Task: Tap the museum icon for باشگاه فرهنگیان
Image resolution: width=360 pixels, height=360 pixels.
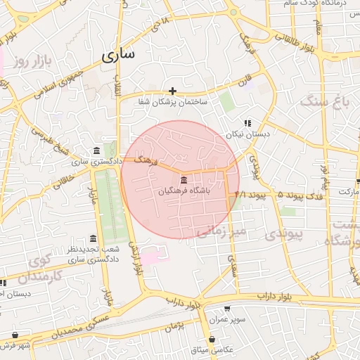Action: coord(184,179)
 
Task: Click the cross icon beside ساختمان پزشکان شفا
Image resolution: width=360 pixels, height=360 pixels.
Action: coord(172,91)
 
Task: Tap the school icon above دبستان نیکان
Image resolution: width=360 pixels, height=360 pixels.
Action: coord(247,122)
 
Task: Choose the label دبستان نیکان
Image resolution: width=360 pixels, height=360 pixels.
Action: coord(243,134)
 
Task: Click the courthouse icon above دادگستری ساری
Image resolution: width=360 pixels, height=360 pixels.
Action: coord(96,151)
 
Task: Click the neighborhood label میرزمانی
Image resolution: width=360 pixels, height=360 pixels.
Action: coord(220,231)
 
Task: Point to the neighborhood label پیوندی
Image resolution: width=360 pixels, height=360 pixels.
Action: coord(285,233)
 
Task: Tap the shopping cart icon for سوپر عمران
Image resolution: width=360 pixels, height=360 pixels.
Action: coord(226,308)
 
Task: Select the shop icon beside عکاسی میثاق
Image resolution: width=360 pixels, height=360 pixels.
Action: coord(212,339)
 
